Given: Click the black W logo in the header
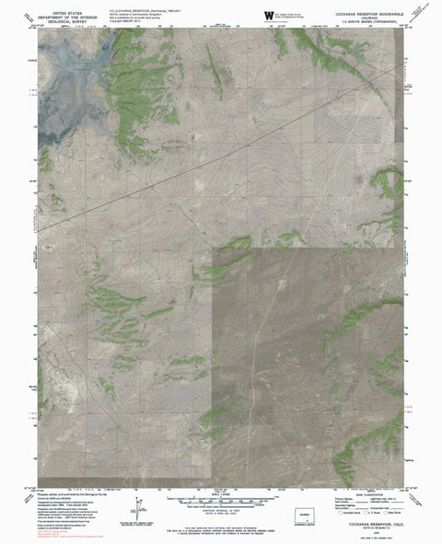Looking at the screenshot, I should [x=269, y=14].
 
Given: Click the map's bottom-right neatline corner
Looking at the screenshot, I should [x=402, y=487].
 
